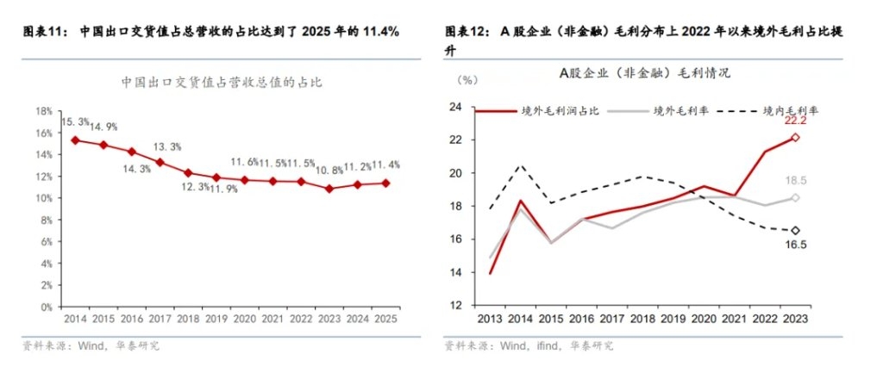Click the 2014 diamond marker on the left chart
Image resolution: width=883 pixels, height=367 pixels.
click(x=75, y=140)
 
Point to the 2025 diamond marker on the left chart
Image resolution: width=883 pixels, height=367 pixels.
click(x=385, y=183)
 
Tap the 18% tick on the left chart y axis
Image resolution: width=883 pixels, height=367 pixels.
click(x=44, y=112)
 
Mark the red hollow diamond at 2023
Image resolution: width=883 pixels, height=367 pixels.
click(x=796, y=138)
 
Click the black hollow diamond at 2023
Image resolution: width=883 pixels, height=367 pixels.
click(x=796, y=230)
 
